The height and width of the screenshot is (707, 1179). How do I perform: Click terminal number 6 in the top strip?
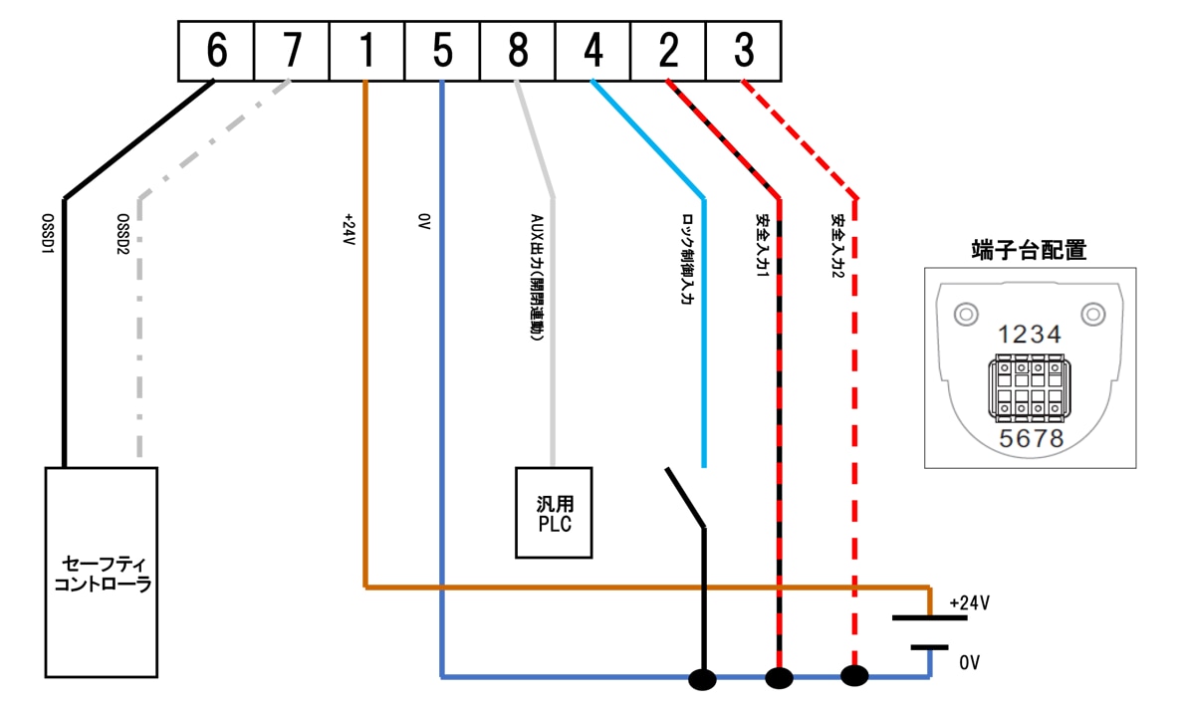pyautogui.click(x=216, y=51)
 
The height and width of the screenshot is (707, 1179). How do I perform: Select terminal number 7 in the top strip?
pyautogui.click(x=292, y=51)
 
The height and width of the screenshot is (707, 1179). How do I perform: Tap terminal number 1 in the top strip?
pyautogui.click(x=366, y=51)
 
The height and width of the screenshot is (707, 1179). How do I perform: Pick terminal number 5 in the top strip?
pyautogui.click(x=442, y=51)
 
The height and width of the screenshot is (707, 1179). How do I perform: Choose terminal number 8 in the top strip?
pyautogui.click(x=518, y=51)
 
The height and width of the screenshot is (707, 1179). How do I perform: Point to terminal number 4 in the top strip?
pyautogui.click(x=593, y=51)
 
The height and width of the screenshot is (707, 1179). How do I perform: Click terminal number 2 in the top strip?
pyautogui.click(x=668, y=51)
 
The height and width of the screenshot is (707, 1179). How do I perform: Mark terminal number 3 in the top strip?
pyautogui.click(x=743, y=51)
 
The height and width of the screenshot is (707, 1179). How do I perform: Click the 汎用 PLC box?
pyautogui.click(x=554, y=513)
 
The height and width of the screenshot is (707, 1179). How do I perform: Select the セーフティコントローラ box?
pyautogui.click(x=102, y=573)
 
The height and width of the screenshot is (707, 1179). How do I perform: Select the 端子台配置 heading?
pyautogui.click(x=1028, y=250)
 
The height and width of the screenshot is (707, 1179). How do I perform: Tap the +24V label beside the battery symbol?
pyautogui.click(x=969, y=603)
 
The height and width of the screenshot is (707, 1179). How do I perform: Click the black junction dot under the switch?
pyautogui.click(x=703, y=681)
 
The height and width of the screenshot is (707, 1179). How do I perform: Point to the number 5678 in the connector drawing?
pyautogui.click(x=1030, y=438)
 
